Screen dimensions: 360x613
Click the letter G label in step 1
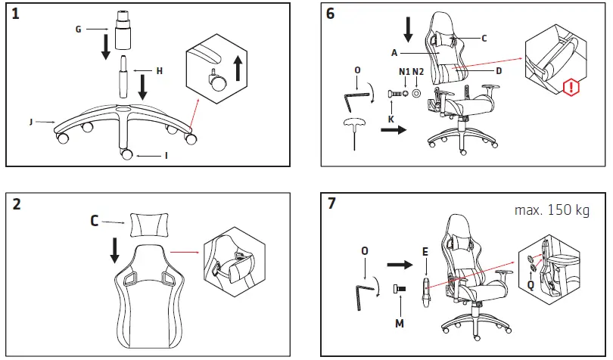click(x=78, y=29)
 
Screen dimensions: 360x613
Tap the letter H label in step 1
click(x=160, y=70)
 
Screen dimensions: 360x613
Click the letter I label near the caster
click(x=166, y=155)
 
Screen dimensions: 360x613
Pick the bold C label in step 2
click(x=95, y=222)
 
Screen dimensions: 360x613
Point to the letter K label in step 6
click(x=391, y=119)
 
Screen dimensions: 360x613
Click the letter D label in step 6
click(x=499, y=70)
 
